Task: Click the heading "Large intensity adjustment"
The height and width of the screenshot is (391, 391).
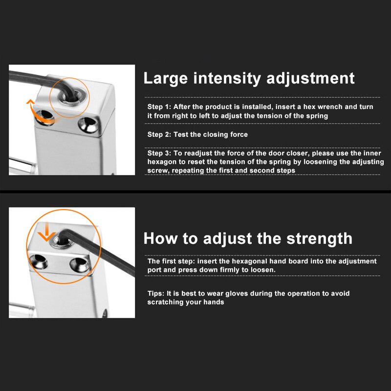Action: tap(249, 78)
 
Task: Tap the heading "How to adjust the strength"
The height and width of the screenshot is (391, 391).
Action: tap(248, 239)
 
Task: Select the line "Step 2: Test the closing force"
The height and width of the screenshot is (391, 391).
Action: tap(197, 134)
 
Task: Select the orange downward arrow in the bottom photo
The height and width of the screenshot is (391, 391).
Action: tap(47, 234)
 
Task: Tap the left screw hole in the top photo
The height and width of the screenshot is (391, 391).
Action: tap(45, 117)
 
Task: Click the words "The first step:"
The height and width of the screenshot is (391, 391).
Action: tap(171, 261)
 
